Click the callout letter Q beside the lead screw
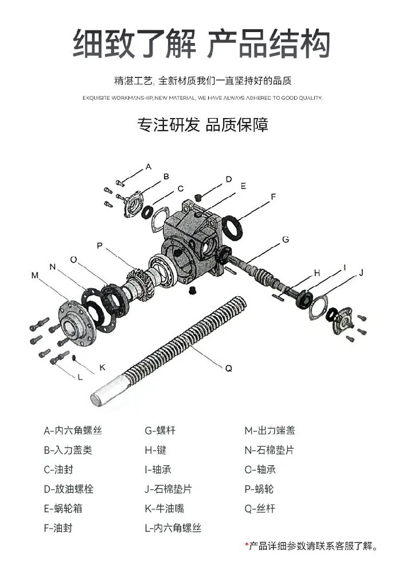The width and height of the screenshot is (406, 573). click(228, 368)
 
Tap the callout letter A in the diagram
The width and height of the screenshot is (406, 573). click(148, 167)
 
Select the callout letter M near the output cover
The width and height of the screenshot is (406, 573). click(34, 276)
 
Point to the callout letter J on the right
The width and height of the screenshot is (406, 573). click(361, 273)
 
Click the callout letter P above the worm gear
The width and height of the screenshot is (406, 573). click(100, 245)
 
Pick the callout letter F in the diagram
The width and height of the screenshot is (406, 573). click(274, 197)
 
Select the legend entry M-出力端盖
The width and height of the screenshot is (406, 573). click(270, 430)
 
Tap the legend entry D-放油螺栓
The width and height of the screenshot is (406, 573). click(68, 489)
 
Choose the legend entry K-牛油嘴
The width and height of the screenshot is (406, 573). click(164, 508)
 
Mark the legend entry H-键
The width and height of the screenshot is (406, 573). click(155, 450)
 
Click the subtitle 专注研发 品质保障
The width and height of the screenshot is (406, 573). click(202, 124)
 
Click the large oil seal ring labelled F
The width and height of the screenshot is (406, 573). click(233, 226)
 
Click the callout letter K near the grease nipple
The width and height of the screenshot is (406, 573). click(102, 367)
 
